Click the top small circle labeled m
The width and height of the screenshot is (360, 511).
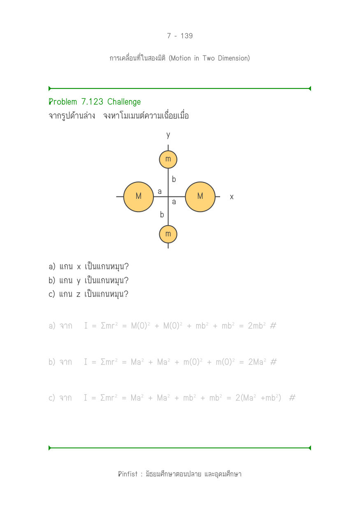click(168, 159)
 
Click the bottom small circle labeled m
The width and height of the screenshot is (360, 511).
click(168, 234)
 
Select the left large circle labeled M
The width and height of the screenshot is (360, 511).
click(138, 197)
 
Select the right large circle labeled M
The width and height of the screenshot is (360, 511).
click(200, 197)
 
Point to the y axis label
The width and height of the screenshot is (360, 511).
click(168, 135)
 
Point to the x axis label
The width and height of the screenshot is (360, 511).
click(232, 197)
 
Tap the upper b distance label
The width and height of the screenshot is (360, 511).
click(174, 179)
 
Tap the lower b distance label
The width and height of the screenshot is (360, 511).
click(162, 215)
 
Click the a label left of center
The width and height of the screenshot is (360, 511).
click(160, 191)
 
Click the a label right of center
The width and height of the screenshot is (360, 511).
click(174, 202)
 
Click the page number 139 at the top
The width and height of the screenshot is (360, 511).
click(187, 36)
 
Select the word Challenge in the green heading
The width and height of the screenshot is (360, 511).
click(124, 102)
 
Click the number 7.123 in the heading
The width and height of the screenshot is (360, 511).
click(92, 102)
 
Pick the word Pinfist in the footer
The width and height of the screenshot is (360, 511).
click(128, 474)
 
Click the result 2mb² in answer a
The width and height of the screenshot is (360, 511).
click(257, 326)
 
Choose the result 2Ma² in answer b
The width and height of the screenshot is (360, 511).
click(257, 362)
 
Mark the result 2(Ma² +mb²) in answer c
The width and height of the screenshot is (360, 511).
click(258, 398)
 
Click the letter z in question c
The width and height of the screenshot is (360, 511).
click(78, 294)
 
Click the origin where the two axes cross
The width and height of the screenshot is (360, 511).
click(168, 197)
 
